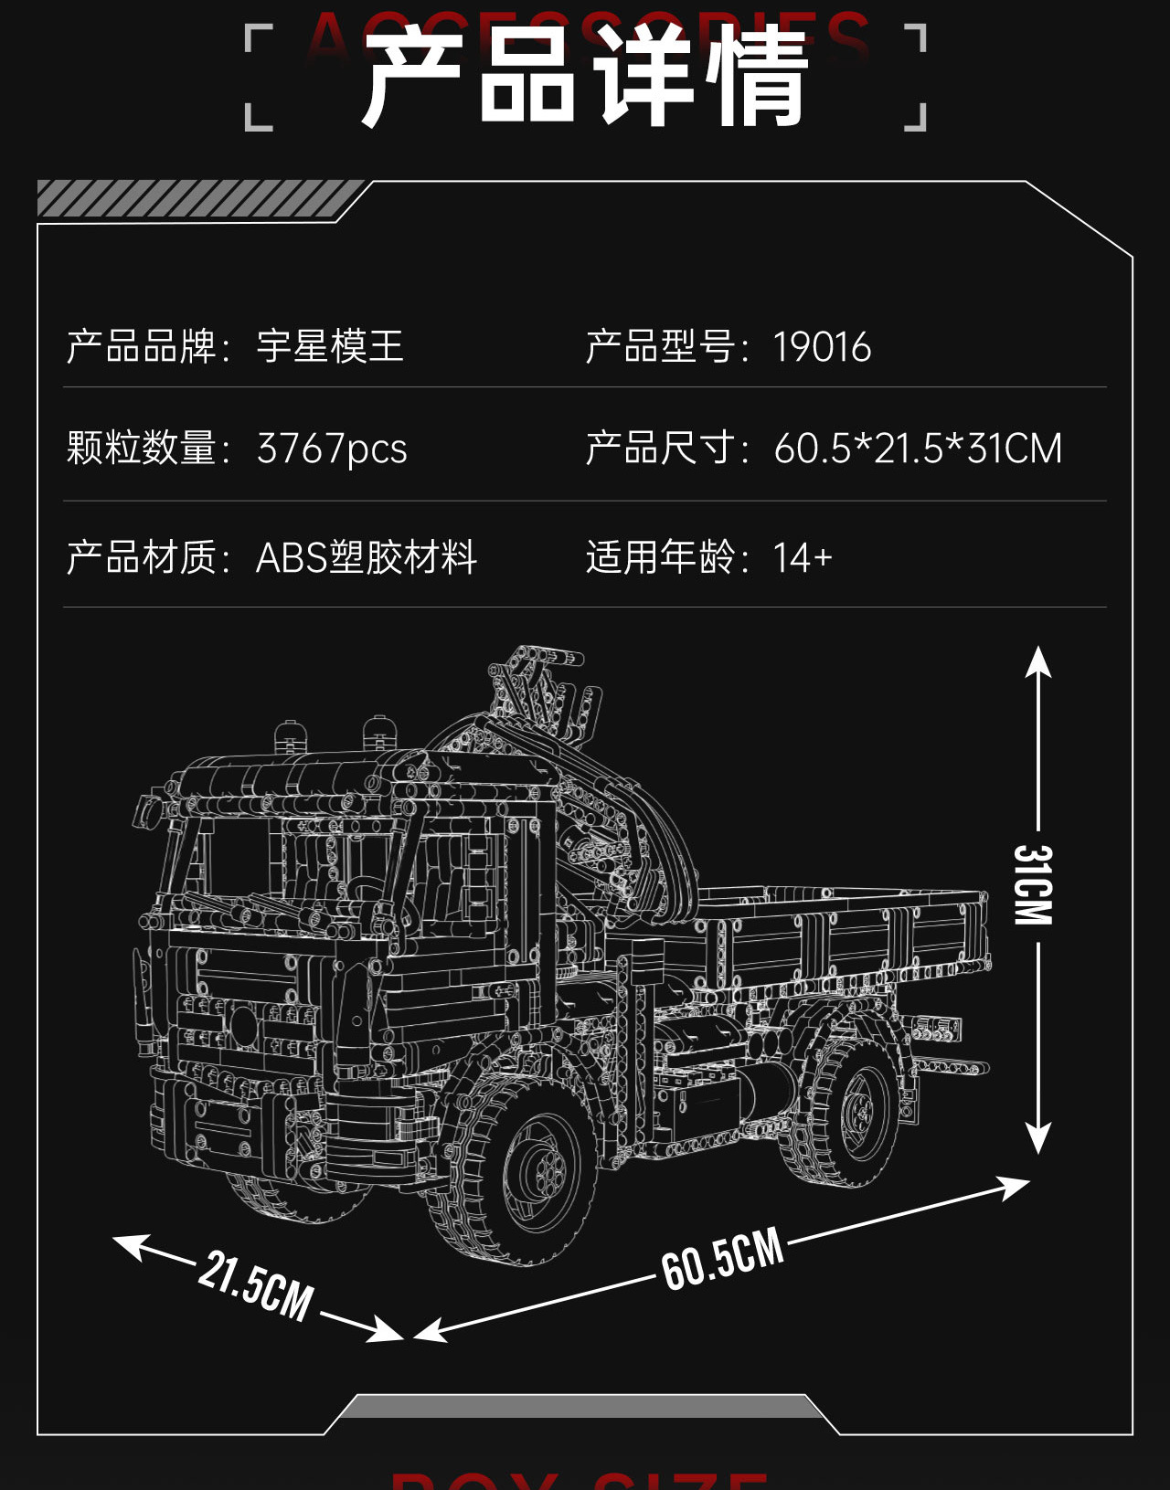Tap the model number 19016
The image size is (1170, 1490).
tap(822, 348)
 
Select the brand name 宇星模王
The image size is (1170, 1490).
tap(330, 347)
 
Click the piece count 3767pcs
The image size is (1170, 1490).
tap(332, 449)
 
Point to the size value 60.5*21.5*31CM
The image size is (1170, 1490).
tap(918, 449)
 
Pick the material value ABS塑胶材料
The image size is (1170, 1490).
tap(366, 557)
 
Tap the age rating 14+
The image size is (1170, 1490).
tap(803, 557)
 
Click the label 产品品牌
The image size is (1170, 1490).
tap(142, 347)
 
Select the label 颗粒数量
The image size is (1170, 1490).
tap(142, 449)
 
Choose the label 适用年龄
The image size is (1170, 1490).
tap(661, 557)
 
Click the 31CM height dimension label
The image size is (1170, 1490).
tap(1035, 884)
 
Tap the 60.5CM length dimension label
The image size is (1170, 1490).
tap(723, 1259)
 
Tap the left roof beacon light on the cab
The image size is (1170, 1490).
tap(288, 736)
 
